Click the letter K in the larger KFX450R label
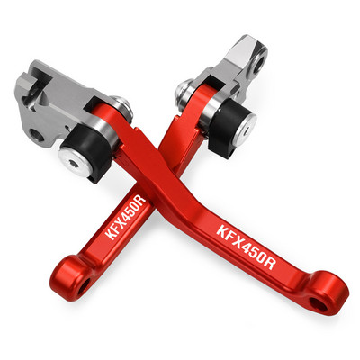222,232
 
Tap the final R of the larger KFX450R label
270,264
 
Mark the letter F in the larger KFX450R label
230,238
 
